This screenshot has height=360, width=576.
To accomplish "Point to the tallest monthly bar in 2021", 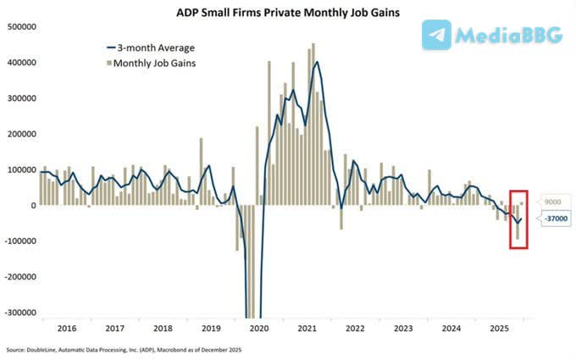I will tap(313, 44).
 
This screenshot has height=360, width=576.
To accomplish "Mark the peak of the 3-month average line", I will tap(317, 61).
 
